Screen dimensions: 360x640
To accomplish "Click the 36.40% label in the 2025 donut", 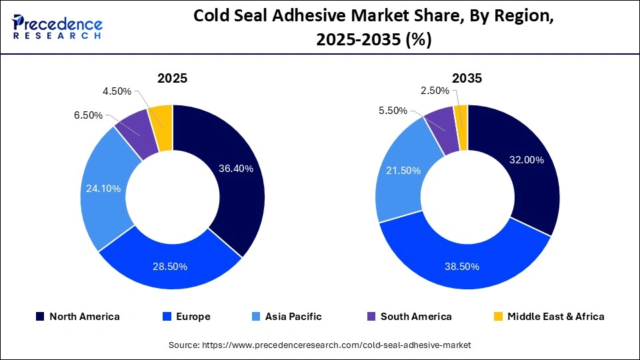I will [236, 169].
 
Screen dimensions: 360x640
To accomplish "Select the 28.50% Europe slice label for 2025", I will [170, 266].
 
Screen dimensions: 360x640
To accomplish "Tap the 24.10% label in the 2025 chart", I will [103, 189].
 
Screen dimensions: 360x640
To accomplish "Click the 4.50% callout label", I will [117, 92].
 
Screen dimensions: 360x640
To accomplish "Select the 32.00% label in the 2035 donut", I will [527, 160].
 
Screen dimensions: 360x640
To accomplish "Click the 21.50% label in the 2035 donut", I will [403, 171].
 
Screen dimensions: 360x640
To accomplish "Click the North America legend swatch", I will [40, 317].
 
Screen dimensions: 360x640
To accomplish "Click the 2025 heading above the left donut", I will [172, 78].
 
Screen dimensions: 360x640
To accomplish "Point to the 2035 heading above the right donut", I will [467, 78].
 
